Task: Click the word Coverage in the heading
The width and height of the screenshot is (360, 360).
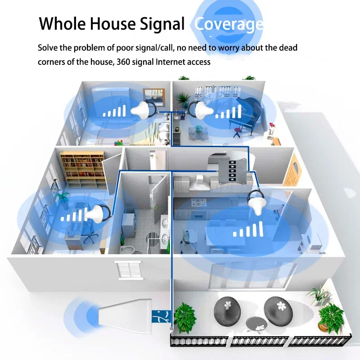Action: (x=228, y=24)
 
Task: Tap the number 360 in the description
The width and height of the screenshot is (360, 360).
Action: (x=125, y=62)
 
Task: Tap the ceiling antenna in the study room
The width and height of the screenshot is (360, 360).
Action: (x=96, y=213)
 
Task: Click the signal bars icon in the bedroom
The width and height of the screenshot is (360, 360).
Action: (x=115, y=111)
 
